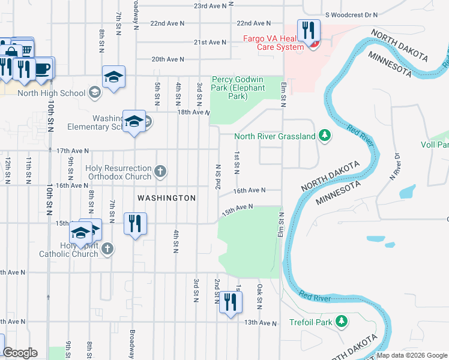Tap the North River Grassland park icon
tap(325, 136)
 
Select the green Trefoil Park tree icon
tap(342, 322)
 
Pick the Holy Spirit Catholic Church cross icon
tap(107, 249)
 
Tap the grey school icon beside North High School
tap(94, 92)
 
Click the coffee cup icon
tap(43, 68)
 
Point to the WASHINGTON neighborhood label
tap(166, 198)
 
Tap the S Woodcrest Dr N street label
tap(351, 14)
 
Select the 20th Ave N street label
tap(167, 59)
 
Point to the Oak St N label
tap(260, 296)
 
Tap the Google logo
tap(20, 353)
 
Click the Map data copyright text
tap(412, 355)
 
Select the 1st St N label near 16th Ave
tap(237, 160)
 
